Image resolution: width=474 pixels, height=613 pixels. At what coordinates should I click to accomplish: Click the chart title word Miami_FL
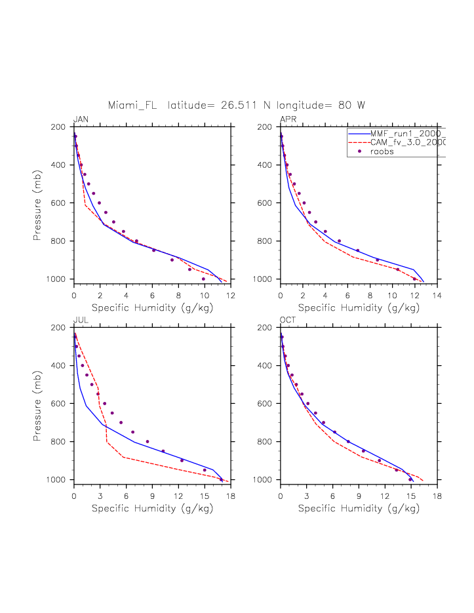[x=134, y=105]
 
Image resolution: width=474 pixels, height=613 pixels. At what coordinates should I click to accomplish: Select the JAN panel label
[x=81, y=119]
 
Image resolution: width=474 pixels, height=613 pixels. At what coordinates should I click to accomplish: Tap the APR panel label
[x=288, y=119]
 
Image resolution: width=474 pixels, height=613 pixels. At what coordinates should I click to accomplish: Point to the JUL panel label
[x=81, y=320]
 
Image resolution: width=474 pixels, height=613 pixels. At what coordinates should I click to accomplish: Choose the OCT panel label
[x=288, y=320]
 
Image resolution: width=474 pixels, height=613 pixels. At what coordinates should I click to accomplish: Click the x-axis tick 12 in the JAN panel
[x=231, y=295]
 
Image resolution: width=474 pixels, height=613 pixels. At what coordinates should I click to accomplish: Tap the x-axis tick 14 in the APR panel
[x=437, y=295]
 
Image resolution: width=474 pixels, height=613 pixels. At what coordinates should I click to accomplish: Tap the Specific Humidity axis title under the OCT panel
[x=359, y=507]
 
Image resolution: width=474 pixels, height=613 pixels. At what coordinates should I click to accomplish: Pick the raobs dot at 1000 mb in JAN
[x=203, y=279]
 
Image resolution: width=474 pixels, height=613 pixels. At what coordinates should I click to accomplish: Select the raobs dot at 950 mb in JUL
[x=205, y=470]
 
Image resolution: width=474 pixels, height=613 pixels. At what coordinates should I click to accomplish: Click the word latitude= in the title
[x=192, y=105]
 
